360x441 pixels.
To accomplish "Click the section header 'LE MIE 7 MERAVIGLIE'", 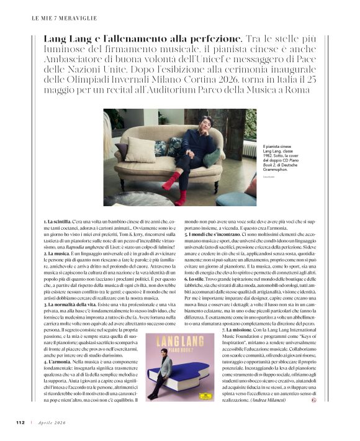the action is coord(58,19).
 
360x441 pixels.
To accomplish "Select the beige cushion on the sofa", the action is coord(141,150).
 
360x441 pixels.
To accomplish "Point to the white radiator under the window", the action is coord(248,148).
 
